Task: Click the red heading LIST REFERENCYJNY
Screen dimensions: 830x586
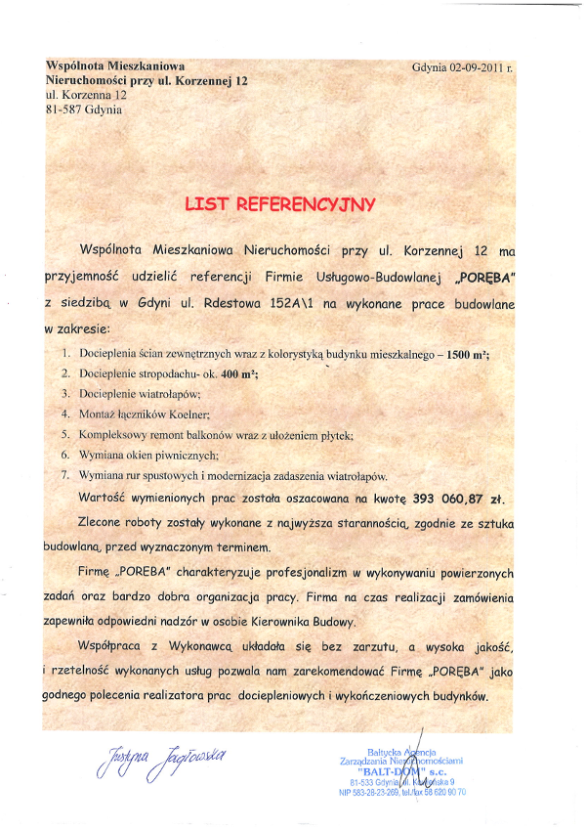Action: click(x=280, y=204)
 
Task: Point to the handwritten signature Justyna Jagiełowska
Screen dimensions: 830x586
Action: click(x=162, y=757)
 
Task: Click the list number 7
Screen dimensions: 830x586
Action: click(x=64, y=474)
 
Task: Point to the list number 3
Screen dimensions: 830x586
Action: click(x=64, y=393)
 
